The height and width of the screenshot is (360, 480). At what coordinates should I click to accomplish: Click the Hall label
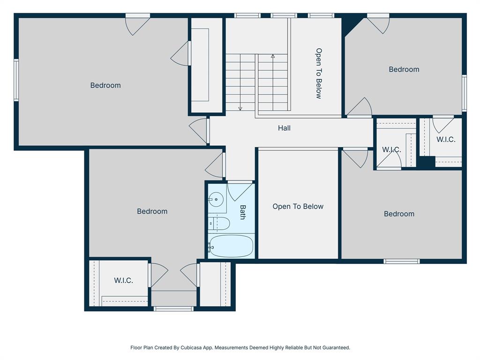[x=284, y=128]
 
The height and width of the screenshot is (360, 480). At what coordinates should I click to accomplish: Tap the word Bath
[x=243, y=212]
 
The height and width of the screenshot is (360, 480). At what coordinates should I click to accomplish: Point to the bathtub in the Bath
[x=231, y=246]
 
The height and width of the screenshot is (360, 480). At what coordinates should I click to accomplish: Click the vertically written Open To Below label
[x=319, y=73]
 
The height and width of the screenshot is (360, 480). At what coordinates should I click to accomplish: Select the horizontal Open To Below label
[x=298, y=207]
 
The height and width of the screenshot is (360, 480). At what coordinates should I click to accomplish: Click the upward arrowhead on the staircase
[x=272, y=56]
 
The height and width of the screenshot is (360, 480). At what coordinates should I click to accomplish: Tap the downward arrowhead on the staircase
[x=240, y=108]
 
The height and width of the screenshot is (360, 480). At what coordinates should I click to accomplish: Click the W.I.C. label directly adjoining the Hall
[x=391, y=150]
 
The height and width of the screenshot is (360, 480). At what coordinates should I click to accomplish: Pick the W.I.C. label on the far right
[x=445, y=140]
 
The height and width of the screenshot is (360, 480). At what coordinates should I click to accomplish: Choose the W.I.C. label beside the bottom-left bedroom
[x=123, y=280]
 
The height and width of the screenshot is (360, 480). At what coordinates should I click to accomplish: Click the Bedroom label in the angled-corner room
[x=404, y=69]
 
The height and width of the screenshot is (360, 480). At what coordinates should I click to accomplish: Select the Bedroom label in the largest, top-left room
[x=105, y=85]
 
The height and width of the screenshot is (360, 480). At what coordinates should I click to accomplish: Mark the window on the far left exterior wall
[x=16, y=80]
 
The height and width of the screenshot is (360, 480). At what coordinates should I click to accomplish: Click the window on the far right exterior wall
[x=464, y=93]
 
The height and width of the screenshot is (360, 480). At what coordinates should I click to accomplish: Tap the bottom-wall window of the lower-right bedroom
[x=401, y=261]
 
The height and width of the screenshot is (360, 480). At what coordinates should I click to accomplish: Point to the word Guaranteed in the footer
[x=335, y=348]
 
